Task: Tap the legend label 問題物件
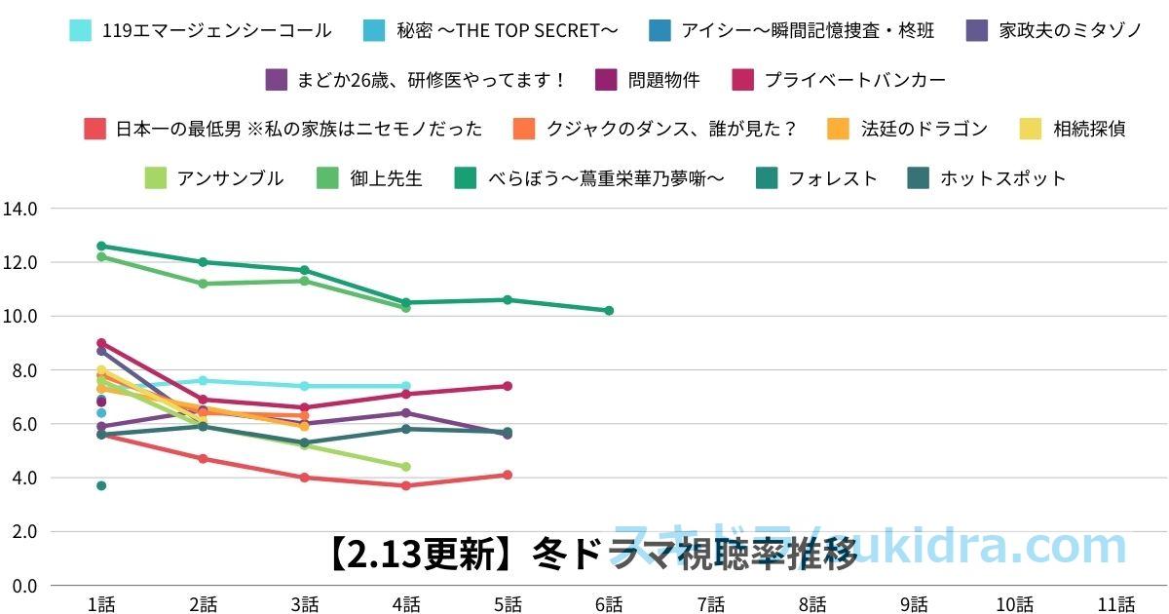[663, 80]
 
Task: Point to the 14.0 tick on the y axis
[19, 209]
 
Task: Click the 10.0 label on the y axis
[19, 317]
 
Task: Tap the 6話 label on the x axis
[609, 604]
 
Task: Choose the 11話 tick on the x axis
[1116, 604]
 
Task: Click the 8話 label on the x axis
[811, 604]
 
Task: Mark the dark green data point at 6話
[609, 311]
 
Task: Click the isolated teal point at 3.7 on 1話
[101, 485]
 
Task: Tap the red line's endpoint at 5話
[508, 475]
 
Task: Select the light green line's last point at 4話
[405, 467]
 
